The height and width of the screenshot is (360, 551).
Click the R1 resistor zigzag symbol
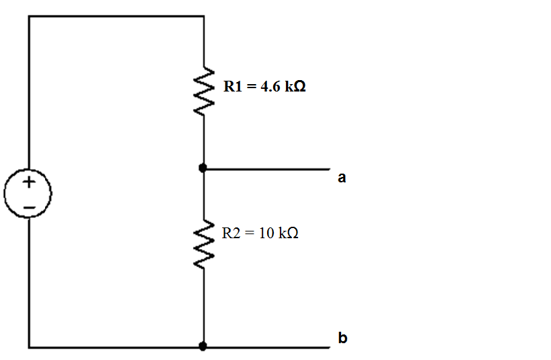204,91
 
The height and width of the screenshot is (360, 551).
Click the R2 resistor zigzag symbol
204,246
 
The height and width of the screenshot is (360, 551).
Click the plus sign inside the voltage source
28,182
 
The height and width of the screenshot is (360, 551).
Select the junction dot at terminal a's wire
204,168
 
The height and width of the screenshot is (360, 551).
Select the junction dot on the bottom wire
204,347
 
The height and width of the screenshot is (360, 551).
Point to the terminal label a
342,178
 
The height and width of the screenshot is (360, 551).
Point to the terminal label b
342,338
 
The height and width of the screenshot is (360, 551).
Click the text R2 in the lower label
231,233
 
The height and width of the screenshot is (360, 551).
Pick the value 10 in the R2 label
266,233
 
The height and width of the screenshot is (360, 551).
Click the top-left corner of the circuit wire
29,16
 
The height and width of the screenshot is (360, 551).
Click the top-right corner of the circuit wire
204,16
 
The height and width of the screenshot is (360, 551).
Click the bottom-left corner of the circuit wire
29,347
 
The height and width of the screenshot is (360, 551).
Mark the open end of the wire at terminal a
329,169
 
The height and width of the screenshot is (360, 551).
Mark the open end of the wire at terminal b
329,347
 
